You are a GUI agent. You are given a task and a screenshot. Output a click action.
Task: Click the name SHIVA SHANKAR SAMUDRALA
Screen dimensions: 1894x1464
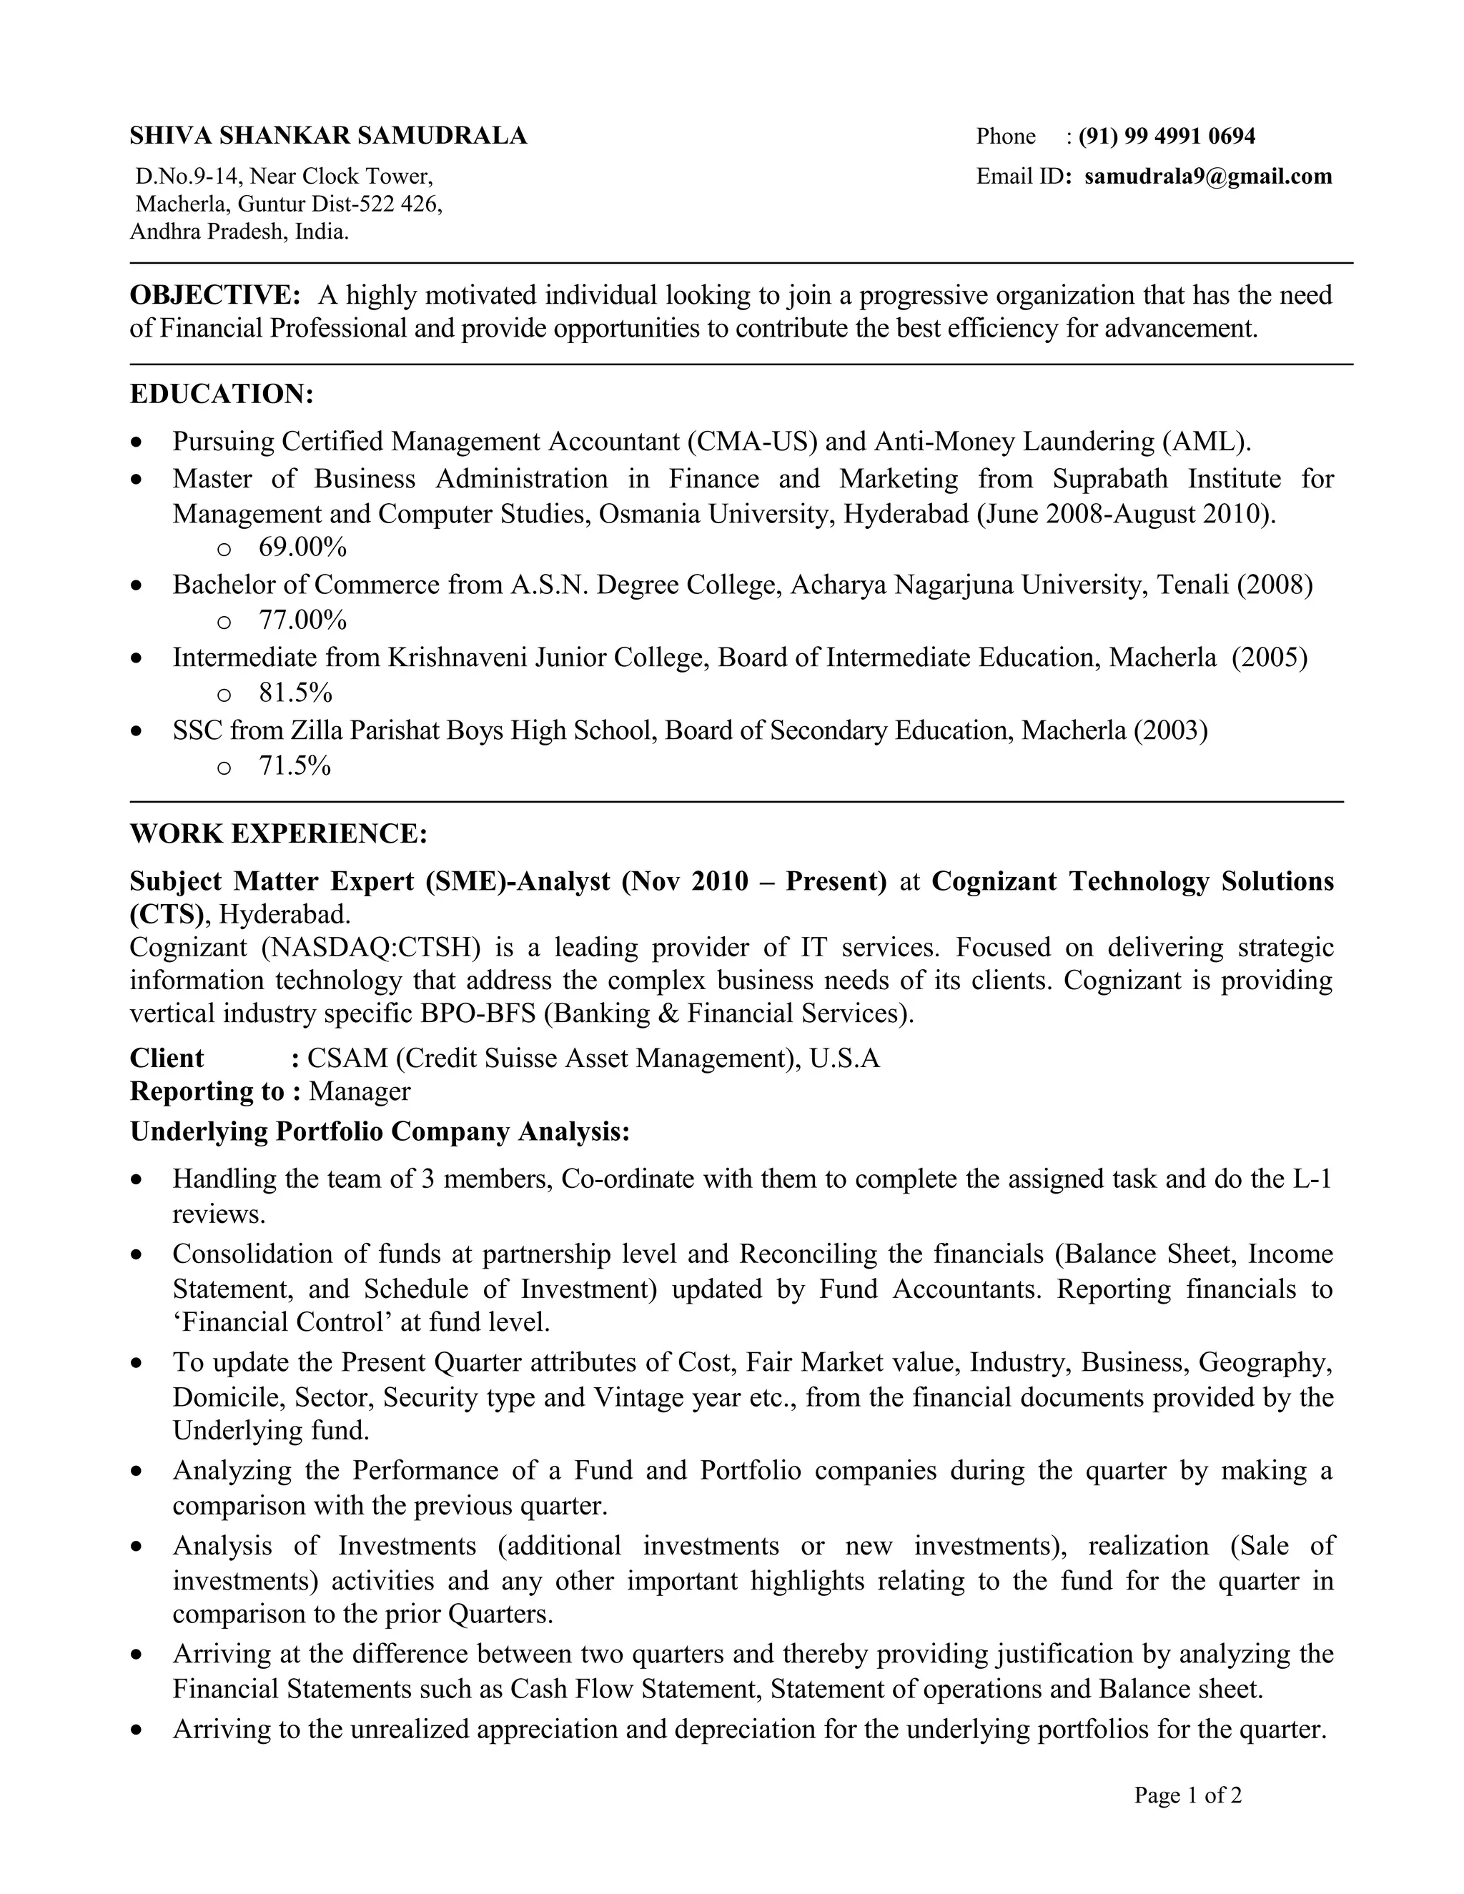pyautogui.click(x=328, y=136)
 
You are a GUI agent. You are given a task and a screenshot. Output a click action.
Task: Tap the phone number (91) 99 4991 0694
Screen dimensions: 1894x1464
pyautogui.click(x=1167, y=136)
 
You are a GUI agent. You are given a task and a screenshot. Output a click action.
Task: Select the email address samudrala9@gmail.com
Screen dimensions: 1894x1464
pyautogui.click(x=1207, y=177)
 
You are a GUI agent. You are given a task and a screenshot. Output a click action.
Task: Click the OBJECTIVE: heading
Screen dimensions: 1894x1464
pyautogui.click(x=215, y=296)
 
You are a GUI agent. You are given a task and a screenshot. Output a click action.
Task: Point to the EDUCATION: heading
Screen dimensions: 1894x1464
pyautogui.click(x=221, y=395)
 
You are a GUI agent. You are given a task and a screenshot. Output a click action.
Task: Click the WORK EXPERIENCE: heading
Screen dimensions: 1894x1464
pyautogui.click(x=278, y=834)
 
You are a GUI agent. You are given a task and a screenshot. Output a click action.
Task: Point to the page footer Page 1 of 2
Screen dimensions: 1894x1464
pyautogui.click(x=1187, y=1795)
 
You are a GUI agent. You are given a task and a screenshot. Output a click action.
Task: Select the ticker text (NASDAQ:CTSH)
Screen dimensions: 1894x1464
pyautogui.click(x=370, y=948)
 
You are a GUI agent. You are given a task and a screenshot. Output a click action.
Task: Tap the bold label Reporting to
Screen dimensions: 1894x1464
pyautogui.click(x=207, y=1092)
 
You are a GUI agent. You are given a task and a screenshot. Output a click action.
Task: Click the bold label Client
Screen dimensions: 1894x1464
pyautogui.click(x=167, y=1059)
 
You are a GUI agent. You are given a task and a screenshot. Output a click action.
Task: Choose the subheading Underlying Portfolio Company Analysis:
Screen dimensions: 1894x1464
pyautogui.click(x=380, y=1133)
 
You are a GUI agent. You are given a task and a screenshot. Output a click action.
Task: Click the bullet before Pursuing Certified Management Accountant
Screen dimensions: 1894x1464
pyautogui.click(x=136, y=443)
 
